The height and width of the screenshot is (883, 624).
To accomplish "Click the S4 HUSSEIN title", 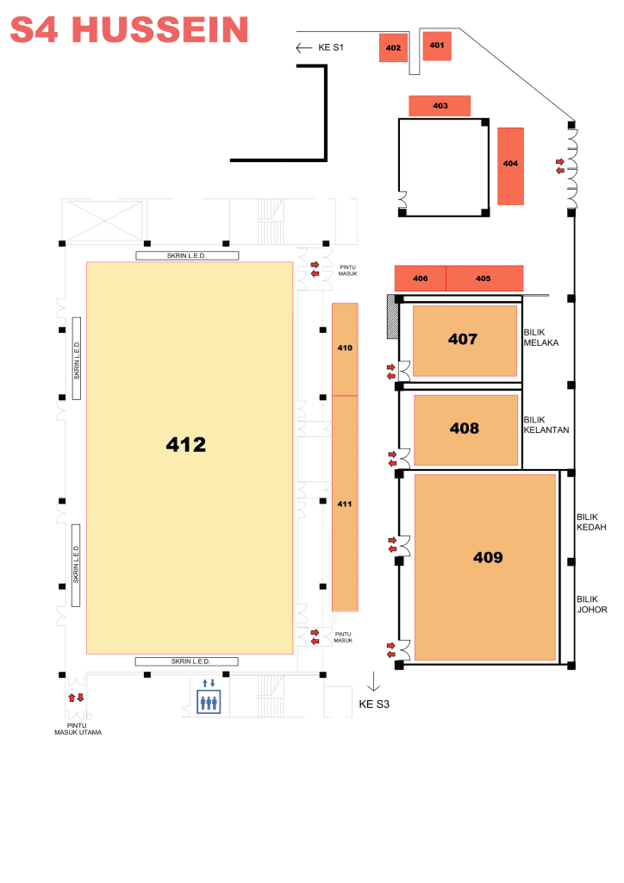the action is click(129, 30).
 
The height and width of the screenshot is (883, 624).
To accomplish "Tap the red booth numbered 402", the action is click(393, 47).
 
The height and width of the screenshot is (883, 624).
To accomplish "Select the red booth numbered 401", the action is click(437, 45).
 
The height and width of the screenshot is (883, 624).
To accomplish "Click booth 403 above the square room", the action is click(440, 106).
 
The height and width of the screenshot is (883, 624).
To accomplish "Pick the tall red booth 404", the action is click(510, 166).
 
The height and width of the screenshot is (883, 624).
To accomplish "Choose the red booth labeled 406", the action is click(421, 279).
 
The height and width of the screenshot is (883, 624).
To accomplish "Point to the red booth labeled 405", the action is click(484, 279).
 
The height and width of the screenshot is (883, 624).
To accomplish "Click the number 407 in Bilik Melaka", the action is click(463, 339).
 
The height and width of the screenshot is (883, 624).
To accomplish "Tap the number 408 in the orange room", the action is click(465, 429).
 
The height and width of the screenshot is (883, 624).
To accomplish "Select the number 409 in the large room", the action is click(488, 558).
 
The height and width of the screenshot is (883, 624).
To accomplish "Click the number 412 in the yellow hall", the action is click(185, 445).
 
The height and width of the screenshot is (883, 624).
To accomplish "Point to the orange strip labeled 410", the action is click(345, 349).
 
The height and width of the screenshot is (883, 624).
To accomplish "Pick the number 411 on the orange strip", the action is click(345, 504).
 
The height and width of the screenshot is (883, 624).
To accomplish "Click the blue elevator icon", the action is click(209, 702).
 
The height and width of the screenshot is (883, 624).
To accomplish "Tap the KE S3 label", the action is click(374, 705).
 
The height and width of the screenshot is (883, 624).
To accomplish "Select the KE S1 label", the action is click(331, 47).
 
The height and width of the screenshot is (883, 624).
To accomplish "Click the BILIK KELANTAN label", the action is click(546, 425).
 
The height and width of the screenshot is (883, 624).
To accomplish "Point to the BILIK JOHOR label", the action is click(592, 604).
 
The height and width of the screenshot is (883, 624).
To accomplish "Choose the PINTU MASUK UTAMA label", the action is click(78, 730).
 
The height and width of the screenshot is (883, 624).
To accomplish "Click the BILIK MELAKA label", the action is click(541, 337).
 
